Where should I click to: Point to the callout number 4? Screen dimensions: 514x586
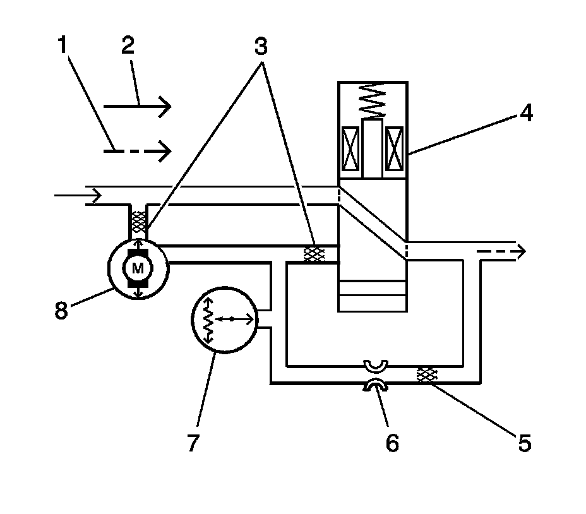[525, 114]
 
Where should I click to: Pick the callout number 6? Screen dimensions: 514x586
[392, 443]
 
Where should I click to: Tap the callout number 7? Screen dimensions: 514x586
[193, 443]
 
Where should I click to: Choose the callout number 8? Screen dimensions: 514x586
[61, 311]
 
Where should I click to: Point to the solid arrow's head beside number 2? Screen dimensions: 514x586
[165, 107]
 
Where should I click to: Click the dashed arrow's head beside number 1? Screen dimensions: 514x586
[165, 150]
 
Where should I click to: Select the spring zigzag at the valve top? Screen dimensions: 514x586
[371, 101]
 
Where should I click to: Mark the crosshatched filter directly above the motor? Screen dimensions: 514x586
[138, 220]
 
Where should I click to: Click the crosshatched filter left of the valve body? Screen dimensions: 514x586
[314, 254]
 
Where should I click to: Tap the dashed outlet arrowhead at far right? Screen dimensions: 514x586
[519, 252]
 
